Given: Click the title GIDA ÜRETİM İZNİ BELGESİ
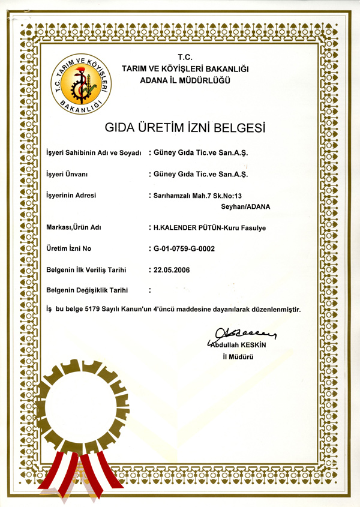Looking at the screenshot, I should coord(184,128).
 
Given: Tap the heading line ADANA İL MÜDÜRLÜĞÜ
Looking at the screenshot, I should coord(185,81).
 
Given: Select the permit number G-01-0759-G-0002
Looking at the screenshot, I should coord(184,248).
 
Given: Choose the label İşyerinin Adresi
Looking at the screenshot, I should coord(71,196).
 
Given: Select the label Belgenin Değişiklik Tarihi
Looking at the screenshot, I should coord(88,290).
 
